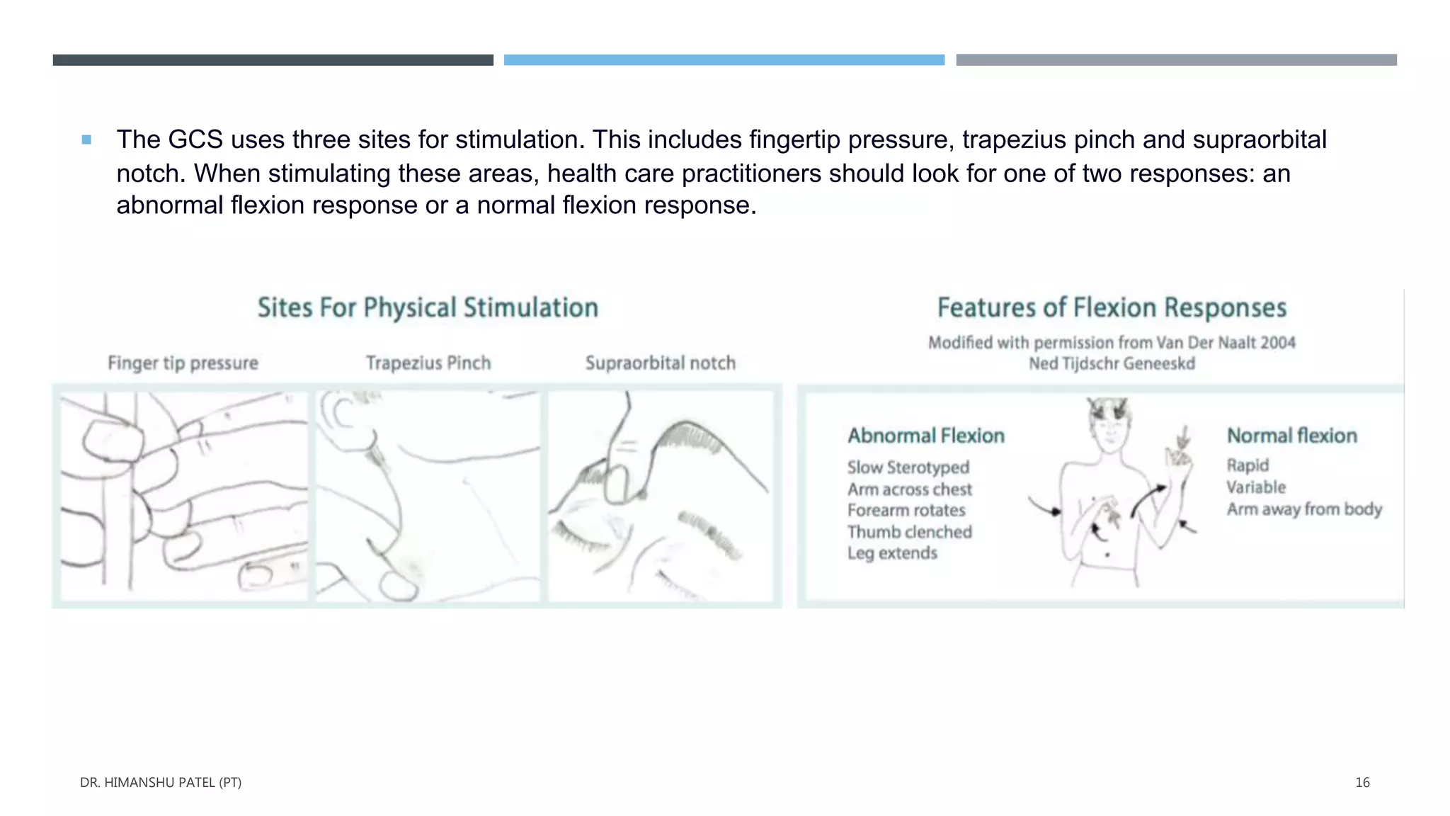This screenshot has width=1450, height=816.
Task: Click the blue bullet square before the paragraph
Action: [86, 140]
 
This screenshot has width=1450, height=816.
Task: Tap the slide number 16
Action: [1362, 783]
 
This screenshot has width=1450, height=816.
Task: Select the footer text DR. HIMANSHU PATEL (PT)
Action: [161, 783]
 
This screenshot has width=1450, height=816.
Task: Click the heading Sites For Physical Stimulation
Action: [428, 308]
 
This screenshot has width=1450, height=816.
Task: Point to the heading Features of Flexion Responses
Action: [1112, 308]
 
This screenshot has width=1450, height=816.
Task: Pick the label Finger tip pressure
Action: [183, 363]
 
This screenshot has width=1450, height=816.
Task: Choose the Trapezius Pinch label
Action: [428, 363]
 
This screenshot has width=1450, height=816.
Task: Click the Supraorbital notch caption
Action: [660, 363]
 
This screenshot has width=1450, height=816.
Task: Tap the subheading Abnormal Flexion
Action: [926, 436]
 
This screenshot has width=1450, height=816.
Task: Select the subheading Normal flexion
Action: [1291, 436]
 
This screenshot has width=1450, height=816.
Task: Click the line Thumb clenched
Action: [910, 532]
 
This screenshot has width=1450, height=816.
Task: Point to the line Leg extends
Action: [892, 553]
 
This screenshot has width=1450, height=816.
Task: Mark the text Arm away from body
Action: [1304, 509]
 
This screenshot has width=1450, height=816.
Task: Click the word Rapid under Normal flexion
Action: [1248, 465]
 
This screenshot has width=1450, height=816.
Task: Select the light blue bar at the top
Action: [724, 60]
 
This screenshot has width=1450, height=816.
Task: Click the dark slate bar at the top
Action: [273, 60]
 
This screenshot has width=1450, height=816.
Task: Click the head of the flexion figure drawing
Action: [1109, 426]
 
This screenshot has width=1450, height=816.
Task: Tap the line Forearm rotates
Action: [906, 511]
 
